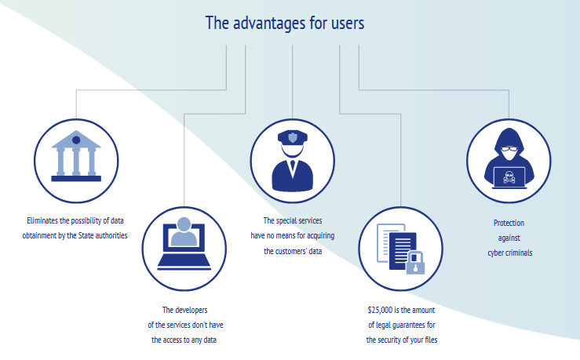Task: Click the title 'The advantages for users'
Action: pos(284,23)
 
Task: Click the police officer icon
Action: pos(292,160)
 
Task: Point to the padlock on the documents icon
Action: pos(415,262)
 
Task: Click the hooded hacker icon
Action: pos(508,158)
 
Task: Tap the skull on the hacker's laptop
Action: pos(509,176)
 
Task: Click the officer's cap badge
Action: pos(292,137)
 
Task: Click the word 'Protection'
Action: pos(509,224)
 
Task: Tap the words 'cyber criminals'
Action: pos(509,253)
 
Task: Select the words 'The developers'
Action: pos(184,311)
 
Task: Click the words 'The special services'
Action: pos(293,221)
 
